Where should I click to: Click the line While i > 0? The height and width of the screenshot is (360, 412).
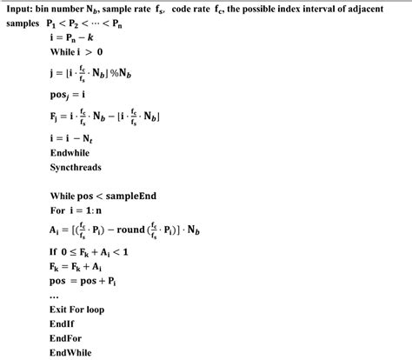coord(77,53)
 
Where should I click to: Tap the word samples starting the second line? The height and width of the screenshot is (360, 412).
coord(22,23)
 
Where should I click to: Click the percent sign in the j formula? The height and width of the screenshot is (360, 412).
coord(117,73)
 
